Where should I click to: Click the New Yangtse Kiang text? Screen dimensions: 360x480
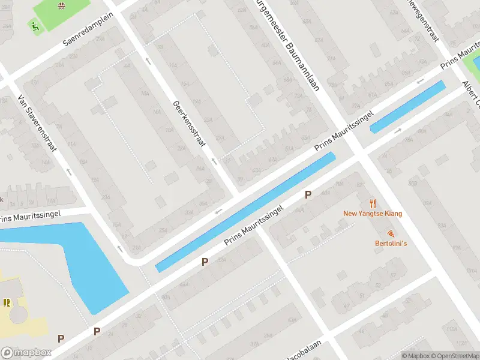pos(373,214)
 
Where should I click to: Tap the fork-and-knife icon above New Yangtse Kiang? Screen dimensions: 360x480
pos(373,203)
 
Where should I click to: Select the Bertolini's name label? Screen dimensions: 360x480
pos(391,244)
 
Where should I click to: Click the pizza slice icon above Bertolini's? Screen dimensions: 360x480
pos(391,233)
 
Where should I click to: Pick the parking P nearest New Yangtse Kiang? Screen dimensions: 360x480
pos(308,194)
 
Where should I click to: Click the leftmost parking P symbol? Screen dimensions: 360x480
pos(61,339)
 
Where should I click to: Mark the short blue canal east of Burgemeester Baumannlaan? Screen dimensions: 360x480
pos(408,106)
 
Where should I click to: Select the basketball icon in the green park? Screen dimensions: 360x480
pos(61,6)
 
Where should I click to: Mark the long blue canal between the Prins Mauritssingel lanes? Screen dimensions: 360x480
pos(246,212)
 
